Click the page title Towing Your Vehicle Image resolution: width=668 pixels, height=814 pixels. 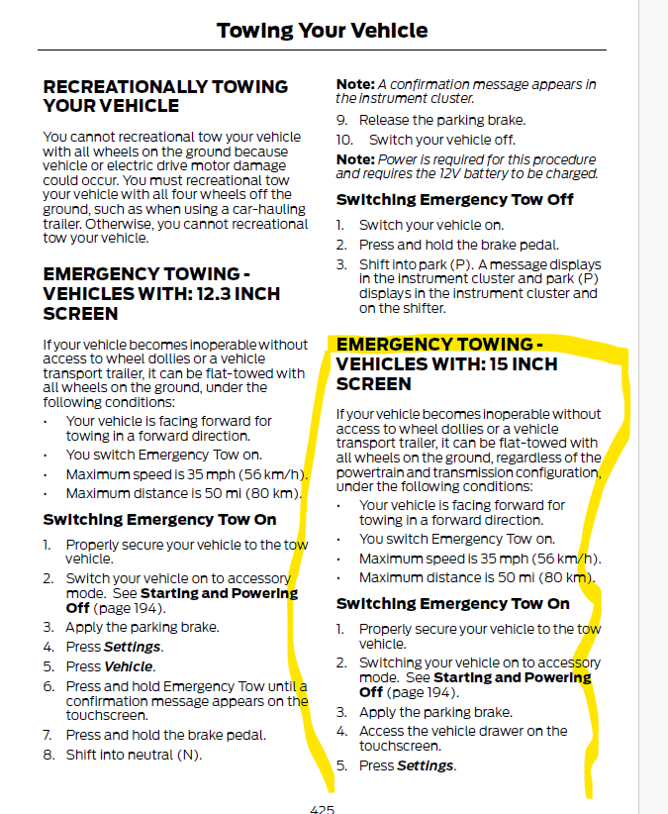click(322, 31)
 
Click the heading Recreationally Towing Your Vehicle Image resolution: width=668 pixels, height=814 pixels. click(165, 96)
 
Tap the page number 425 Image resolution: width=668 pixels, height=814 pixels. click(322, 808)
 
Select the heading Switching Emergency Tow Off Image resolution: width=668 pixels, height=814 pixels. click(454, 199)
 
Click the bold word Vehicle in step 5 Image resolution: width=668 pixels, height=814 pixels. click(130, 666)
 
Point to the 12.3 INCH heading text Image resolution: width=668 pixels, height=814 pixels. click(161, 294)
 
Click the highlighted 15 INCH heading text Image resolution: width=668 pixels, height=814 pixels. click(446, 363)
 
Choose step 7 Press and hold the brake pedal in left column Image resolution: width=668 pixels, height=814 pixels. click(165, 735)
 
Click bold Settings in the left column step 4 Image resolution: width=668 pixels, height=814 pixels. click(133, 647)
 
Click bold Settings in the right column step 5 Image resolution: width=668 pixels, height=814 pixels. click(426, 765)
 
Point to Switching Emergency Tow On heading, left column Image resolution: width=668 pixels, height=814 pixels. click(159, 519)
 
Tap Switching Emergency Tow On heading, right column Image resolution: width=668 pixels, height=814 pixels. click(452, 603)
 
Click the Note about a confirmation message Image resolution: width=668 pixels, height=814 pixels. click(466, 91)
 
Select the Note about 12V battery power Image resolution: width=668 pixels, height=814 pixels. click(466, 166)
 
